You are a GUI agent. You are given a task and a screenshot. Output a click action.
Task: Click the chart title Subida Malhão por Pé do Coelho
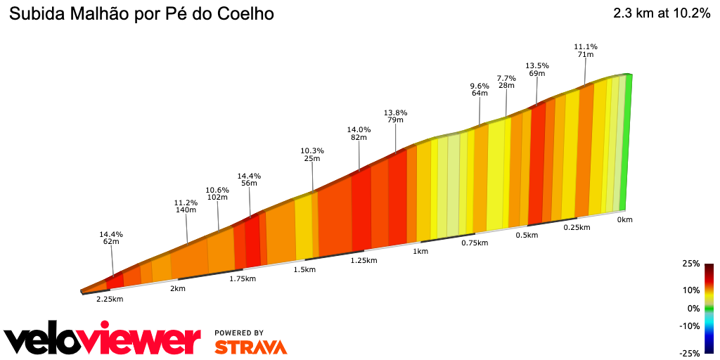tap(141, 14)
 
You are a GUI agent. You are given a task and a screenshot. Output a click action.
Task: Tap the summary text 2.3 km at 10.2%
tap(661, 13)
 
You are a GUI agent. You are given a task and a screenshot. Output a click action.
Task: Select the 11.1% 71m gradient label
tap(586, 51)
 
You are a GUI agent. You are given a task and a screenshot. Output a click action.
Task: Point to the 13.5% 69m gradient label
tap(537, 70)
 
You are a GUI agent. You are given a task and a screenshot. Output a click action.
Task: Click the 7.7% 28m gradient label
tap(506, 82)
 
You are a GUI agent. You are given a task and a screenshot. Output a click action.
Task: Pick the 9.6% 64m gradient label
tap(480, 89)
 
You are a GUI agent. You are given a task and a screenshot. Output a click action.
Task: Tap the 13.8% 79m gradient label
tap(395, 116)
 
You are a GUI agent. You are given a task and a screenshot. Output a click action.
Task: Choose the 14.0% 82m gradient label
tap(359, 134)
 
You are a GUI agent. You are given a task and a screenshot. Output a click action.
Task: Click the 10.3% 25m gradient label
tap(312, 155)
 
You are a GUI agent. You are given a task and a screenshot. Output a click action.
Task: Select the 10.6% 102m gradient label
tap(218, 193)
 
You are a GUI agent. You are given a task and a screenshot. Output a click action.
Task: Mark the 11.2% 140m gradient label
tap(186, 207)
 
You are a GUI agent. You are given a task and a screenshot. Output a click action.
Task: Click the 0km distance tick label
tap(624, 220)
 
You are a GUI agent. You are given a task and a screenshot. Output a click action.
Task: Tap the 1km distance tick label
tap(420, 252)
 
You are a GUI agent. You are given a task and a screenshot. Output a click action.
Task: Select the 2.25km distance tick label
tap(110, 299)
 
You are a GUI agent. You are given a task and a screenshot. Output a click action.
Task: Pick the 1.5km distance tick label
tap(304, 270)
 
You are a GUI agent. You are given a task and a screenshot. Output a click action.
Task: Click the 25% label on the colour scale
tap(691, 264)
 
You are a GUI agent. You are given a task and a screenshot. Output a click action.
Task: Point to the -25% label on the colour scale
tap(690, 353)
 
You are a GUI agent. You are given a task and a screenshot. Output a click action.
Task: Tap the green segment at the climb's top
tap(626, 141)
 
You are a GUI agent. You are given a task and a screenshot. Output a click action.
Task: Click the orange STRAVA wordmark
tap(250, 347)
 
